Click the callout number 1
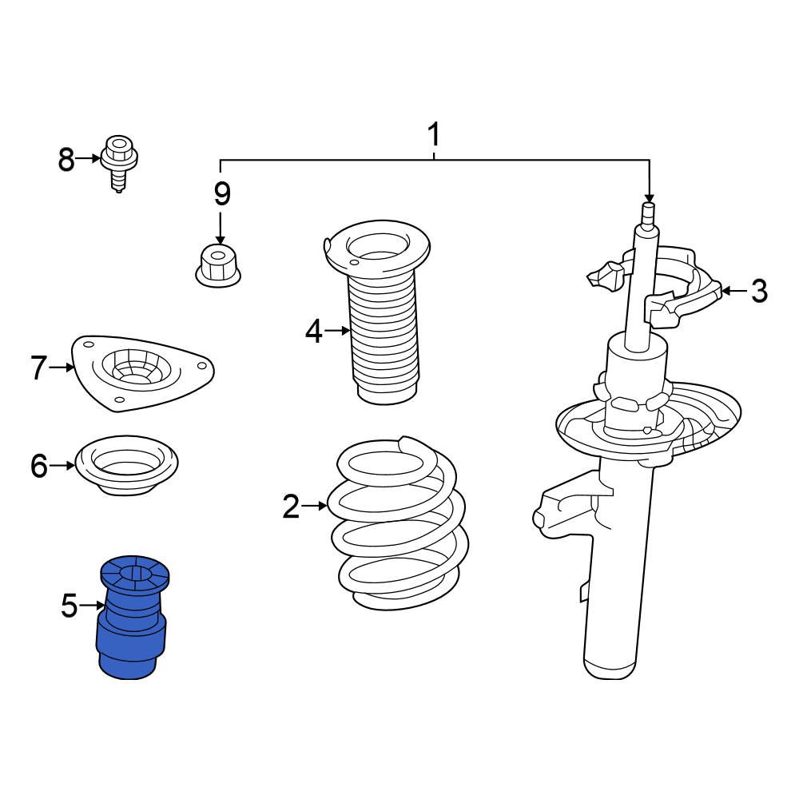coord(434,134)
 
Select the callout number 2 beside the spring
coord(292,507)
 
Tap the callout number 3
coord(759,292)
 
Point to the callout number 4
coord(314,332)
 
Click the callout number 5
coord(70,606)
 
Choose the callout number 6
coord(39,466)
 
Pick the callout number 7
coord(39,368)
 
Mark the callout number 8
coord(66,159)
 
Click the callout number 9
coord(222,193)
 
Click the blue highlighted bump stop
coord(132,618)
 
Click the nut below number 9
coord(218,265)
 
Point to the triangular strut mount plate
coord(143,373)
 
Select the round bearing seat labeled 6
coord(127,465)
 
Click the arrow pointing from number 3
coord(735,292)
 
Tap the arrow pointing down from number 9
coord(221,229)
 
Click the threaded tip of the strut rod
coord(649,213)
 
